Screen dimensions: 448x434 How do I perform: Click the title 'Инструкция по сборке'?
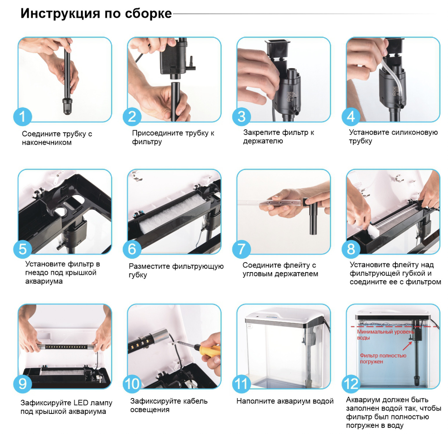click(x=96, y=13)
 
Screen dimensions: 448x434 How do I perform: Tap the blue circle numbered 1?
click(x=23, y=116)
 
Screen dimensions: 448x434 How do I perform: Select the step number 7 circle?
click(x=241, y=249)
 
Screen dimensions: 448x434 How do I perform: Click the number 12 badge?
click(x=351, y=384)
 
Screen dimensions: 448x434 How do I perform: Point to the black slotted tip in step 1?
click(x=67, y=106)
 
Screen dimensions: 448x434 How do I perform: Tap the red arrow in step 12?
click(x=407, y=345)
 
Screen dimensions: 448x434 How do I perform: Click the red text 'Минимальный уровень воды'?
click(x=385, y=335)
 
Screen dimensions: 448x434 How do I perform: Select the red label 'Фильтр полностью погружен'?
click(x=383, y=358)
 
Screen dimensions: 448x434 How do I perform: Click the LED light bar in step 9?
click(x=66, y=347)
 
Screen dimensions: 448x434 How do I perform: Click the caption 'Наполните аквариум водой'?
click(x=285, y=401)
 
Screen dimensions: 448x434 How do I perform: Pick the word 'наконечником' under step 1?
click(x=47, y=142)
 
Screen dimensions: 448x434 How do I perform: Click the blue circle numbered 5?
click(x=23, y=249)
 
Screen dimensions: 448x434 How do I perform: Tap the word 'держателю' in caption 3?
click(x=263, y=141)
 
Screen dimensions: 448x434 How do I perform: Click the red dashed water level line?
click(x=394, y=327)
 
